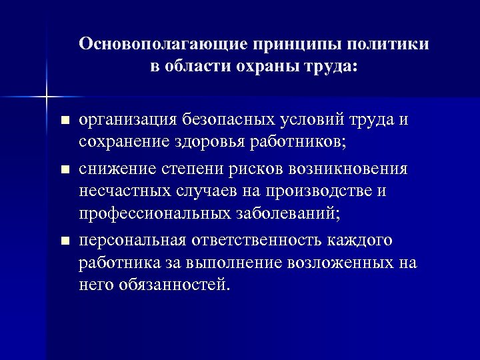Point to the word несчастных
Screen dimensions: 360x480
127,192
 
